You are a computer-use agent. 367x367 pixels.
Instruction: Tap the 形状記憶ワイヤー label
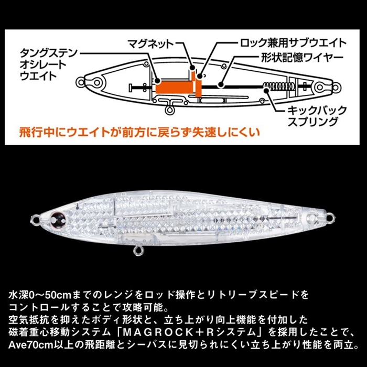[x=303, y=58]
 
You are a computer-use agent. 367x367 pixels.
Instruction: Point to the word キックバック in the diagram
[x=317, y=110]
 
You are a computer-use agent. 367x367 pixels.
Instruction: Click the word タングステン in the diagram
[x=48, y=53]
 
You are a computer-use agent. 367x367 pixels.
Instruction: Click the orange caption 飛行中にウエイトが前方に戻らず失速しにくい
[x=139, y=133]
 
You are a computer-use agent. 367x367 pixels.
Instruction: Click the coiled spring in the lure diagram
[x=278, y=87]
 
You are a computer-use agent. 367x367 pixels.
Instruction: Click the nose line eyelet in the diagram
[x=81, y=82]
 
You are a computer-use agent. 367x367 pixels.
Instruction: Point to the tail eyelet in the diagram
[x=335, y=88]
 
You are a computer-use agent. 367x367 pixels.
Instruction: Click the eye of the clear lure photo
[x=56, y=219]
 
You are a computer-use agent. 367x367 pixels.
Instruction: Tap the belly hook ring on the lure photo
[x=137, y=251]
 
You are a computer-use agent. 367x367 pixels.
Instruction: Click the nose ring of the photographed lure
[x=35, y=220]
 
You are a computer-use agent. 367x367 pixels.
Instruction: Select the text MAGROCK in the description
[x=159, y=332]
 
